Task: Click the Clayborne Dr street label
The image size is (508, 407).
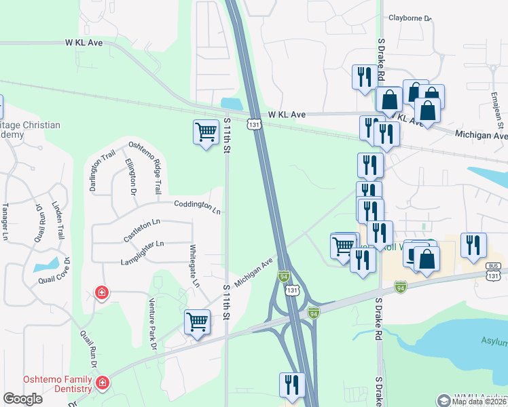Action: (x=410, y=18)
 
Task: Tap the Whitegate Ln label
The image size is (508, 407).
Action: (x=194, y=266)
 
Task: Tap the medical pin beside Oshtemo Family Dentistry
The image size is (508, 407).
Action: (x=102, y=383)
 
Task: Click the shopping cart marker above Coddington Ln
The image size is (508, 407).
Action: (x=205, y=132)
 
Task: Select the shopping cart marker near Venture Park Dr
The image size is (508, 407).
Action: (x=197, y=322)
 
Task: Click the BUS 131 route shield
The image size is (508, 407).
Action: (x=493, y=273)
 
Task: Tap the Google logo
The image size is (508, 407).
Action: (x=23, y=399)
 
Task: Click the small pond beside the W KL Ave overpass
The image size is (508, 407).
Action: (x=232, y=104)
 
